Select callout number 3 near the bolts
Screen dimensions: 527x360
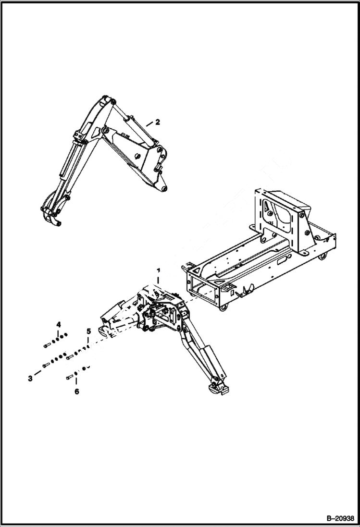[30, 379]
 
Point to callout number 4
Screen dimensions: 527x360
[58, 322]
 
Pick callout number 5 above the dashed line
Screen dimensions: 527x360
[88, 331]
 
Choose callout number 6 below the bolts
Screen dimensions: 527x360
[76, 391]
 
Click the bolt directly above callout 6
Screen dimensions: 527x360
[70, 377]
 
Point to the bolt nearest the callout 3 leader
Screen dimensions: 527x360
[46, 365]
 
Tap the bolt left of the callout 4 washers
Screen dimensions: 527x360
[47, 345]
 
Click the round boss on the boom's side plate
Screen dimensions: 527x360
[138, 156]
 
